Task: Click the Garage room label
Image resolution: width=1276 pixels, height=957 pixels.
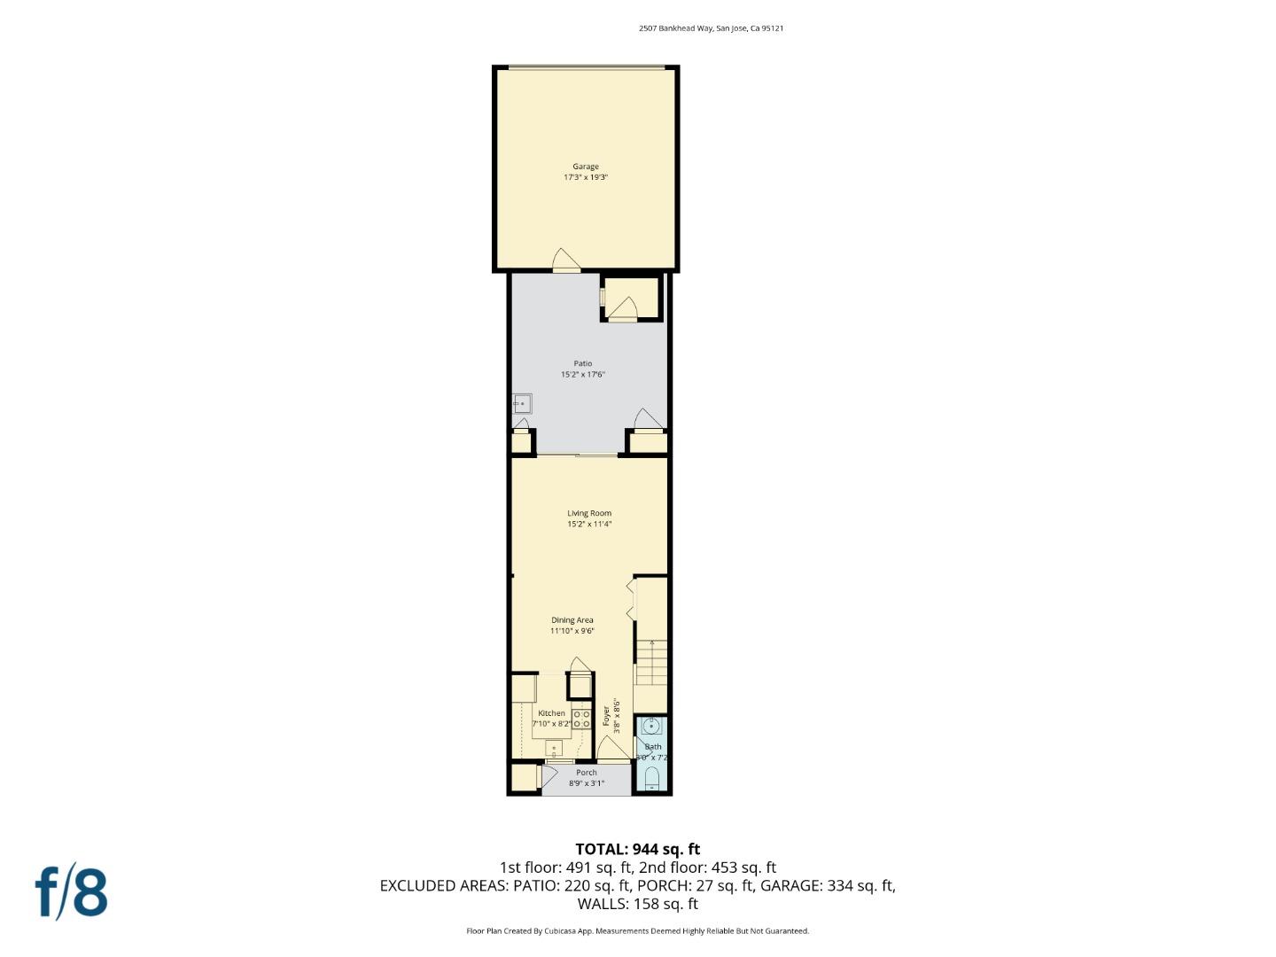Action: coord(585,167)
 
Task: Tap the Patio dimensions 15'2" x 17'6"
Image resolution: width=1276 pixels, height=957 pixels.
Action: coord(582,375)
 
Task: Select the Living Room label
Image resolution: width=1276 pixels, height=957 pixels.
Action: coord(589,513)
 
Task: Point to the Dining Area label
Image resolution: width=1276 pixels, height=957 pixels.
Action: coord(572,620)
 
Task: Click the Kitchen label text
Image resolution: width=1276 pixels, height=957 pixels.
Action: coord(551,713)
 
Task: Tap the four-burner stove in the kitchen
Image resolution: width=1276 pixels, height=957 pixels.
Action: coord(581,720)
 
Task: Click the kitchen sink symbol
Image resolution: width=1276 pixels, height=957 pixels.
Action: coord(554,748)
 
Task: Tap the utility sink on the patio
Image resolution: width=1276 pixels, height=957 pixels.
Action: coord(522,404)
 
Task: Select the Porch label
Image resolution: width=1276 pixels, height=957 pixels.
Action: coord(586,773)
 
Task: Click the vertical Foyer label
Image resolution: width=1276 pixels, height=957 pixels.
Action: coord(607,716)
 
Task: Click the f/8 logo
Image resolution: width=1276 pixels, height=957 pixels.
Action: coord(71,892)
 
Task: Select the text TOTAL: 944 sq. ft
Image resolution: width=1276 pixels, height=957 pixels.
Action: coord(637,849)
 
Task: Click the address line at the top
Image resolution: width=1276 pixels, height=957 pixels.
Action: coord(711,28)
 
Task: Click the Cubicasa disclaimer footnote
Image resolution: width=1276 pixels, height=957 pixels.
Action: coord(637,931)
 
